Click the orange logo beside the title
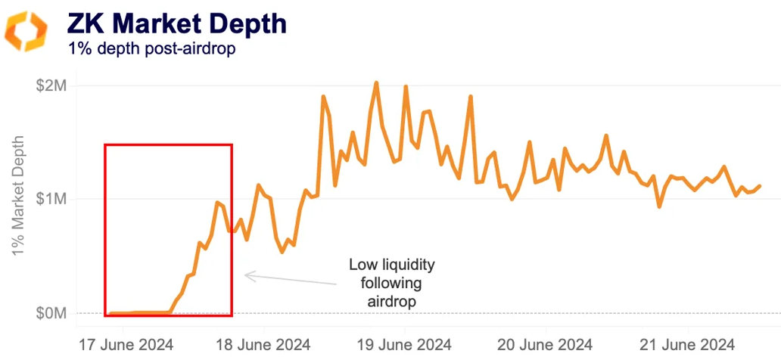tap(26, 31)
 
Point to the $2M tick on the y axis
tap(51, 85)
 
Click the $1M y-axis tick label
tap(51, 199)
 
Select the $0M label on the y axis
tap(51, 313)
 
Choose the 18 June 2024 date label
tap(263, 344)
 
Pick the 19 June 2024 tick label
tap(405, 344)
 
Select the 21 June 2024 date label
tap(688, 344)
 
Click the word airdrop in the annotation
tap(392, 300)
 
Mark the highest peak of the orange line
tap(376, 82)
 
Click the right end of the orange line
tap(760, 185)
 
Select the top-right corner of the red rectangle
tap(232, 144)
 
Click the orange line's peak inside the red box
tap(217, 202)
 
